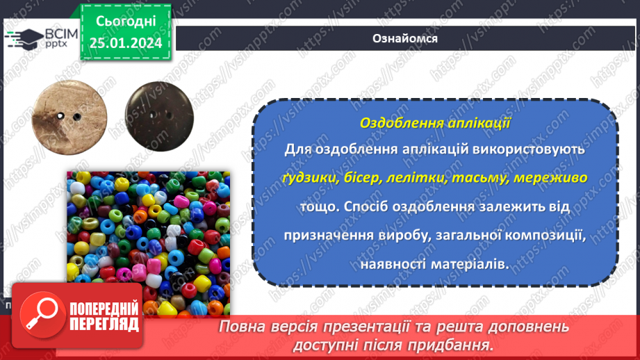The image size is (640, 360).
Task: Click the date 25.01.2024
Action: [126, 43]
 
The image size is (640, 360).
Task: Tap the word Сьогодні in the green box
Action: [126, 22]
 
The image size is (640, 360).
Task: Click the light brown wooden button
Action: [63, 113]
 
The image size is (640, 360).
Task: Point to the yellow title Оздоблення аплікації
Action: [436, 123]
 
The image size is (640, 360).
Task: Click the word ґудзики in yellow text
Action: [310, 178]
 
